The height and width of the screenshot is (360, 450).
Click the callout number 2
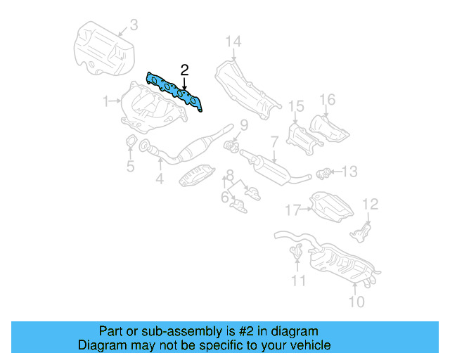point(184,70)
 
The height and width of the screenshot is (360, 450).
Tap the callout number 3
point(134,27)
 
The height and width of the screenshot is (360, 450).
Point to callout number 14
point(233,41)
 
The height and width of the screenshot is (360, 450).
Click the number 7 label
point(274,142)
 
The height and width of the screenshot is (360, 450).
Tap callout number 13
point(349,171)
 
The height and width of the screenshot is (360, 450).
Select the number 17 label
point(293,209)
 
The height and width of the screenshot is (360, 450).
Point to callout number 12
point(370,204)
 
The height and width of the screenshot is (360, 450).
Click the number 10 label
point(356,302)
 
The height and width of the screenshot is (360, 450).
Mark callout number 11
point(299,281)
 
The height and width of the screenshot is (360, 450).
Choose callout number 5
point(130,167)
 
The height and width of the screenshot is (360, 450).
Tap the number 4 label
point(160,179)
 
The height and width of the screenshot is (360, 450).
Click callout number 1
point(107,101)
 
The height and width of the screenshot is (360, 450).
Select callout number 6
point(224,198)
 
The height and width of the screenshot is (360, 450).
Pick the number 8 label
point(230,174)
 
